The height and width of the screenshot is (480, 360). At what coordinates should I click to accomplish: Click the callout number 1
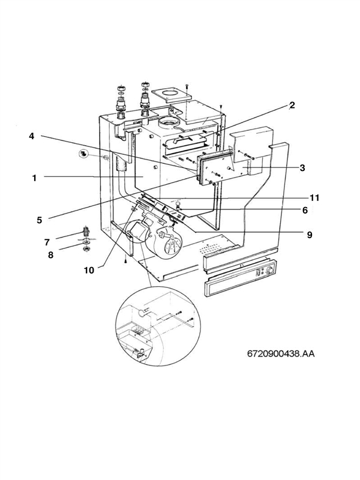tap(35, 178)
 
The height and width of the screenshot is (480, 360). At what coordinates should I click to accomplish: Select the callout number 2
tap(292, 105)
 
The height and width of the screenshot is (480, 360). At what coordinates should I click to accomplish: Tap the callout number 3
tap(302, 168)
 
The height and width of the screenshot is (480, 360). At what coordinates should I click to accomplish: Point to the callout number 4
tap(31, 136)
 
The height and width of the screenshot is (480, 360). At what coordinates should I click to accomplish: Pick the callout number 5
tap(39, 220)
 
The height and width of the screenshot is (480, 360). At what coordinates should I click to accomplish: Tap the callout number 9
tap(310, 235)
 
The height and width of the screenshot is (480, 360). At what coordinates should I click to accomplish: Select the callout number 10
tap(89, 270)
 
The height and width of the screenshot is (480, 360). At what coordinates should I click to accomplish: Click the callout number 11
tap(314, 197)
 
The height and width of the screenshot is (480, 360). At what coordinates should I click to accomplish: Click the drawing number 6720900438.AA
tap(280, 353)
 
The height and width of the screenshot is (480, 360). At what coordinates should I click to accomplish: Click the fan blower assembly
tap(150, 237)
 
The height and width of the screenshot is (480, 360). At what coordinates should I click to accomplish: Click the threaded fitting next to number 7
tap(86, 232)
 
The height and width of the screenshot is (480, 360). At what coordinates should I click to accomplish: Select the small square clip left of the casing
tap(84, 154)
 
